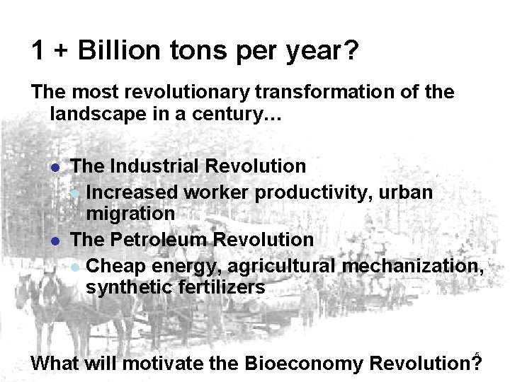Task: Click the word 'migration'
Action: pyautogui.click(x=130, y=213)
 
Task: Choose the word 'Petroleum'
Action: pyautogui.click(x=156, y=240)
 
